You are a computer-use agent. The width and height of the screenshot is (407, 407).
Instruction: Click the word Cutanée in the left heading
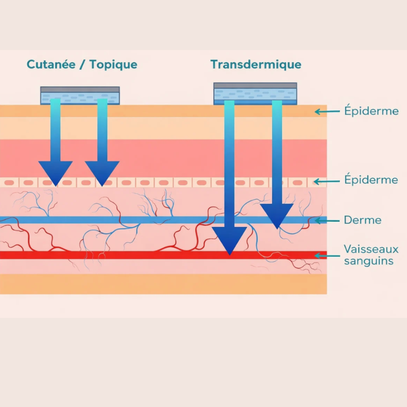coord(52,65)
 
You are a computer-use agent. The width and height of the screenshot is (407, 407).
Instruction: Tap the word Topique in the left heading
coord(113,65)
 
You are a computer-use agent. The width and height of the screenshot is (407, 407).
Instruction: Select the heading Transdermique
coord(256,65)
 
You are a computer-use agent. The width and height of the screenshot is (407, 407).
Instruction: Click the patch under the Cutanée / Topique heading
coord(80,96)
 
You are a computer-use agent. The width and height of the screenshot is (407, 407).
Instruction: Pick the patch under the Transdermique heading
coord(255,93)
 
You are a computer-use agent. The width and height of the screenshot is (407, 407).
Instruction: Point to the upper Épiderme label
coord(371,111)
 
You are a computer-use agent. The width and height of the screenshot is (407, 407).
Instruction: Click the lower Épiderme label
coord(371,180)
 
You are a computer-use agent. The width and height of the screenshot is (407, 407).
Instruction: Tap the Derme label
coord(363,220)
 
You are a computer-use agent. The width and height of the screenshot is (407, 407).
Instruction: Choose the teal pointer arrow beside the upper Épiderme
coord(328,112)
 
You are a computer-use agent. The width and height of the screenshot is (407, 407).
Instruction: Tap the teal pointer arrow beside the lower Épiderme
coord(328,180)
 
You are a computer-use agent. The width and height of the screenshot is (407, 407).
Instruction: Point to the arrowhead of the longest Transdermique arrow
coord(230,240)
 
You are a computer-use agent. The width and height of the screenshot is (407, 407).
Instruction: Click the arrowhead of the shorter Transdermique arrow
coord(277,215)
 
